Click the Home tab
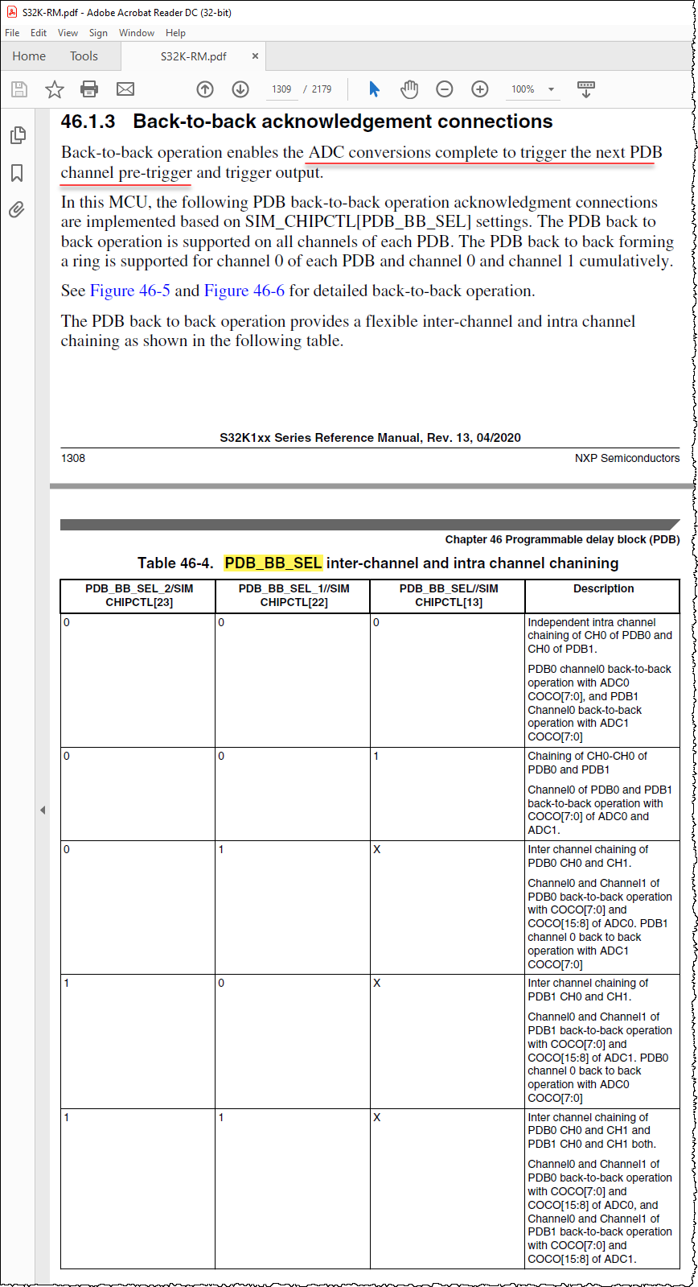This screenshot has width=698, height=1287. coord(29,56)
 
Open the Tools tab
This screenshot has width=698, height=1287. coord(84,56)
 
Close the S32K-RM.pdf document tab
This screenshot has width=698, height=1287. coord(255,56)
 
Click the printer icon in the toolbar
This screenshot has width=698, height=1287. coord(89,89)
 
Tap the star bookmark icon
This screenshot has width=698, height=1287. coord(54,89)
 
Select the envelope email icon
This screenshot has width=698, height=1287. coord(125,89)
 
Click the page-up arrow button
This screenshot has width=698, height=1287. coord(205,89)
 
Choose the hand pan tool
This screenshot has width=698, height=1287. coord(409,89)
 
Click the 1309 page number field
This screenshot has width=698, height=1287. coord(281,89)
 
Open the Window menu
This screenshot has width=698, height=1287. coord(137,33)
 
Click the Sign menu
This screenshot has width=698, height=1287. coord(98,33)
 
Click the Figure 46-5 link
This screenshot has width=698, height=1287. coord(130,291)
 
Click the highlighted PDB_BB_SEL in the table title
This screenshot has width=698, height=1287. coord(273,563)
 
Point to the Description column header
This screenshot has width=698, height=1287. coord(603,588)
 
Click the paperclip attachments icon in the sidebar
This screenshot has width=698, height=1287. coord(17,210)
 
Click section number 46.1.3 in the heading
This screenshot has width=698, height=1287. coord(88,122)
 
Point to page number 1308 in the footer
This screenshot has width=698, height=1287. coord(73,458)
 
